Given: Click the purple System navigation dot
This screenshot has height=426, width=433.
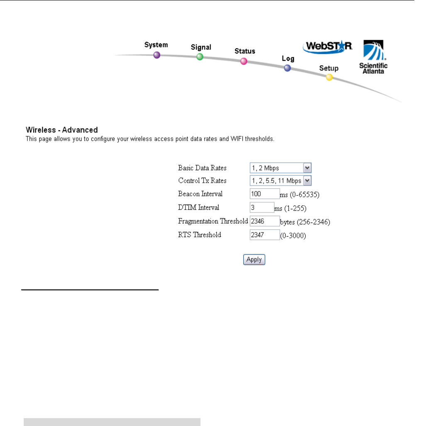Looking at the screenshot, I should point(157,55).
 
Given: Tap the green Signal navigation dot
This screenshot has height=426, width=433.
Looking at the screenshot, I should point(200,57).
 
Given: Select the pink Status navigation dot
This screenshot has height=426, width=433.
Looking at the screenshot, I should point(244,61).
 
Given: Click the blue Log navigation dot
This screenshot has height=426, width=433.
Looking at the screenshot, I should point(287,69).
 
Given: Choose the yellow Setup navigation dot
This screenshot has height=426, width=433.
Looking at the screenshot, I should point(329,77).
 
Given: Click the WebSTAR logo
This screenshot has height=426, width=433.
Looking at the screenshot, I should point(328,47).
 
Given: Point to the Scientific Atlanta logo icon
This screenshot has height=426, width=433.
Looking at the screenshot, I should point(373,51).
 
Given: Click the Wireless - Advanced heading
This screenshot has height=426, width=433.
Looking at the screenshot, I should point(62,130).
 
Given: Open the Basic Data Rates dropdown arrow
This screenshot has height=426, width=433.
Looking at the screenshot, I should point(307,168).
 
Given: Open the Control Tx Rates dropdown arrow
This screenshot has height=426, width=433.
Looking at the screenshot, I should point(307,181).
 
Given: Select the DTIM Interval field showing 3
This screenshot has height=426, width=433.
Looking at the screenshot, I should point(262,207).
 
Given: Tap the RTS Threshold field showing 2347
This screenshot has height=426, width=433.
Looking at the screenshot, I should point(264,235).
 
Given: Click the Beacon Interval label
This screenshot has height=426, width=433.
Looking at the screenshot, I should point(201,194).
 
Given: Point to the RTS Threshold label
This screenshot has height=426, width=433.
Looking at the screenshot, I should point(200,235).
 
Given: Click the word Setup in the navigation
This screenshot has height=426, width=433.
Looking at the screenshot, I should point(329,68).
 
